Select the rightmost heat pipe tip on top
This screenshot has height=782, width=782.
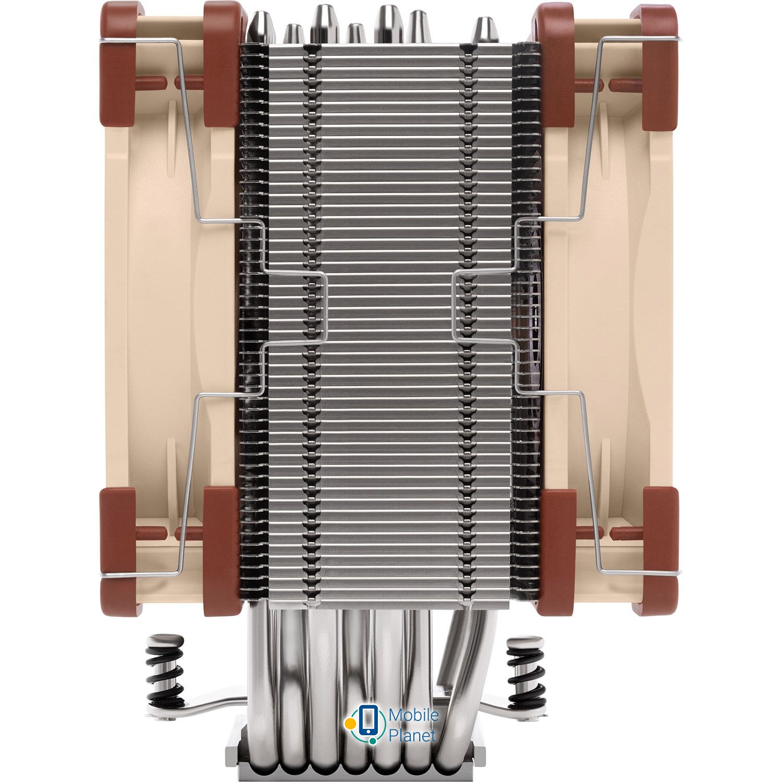(485, 30)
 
